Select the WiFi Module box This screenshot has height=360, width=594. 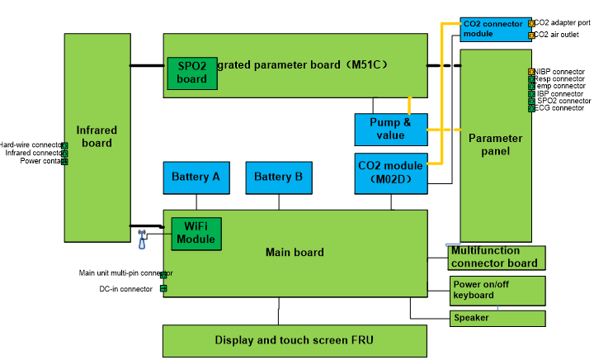click(x=196, y=233)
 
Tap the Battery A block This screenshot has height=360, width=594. click(x=196, y=178)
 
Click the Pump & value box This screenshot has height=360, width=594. click(x=391, y=129)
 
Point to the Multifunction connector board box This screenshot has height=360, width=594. click(x=496, y=257)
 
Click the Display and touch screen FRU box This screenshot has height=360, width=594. click(x=295, y=340)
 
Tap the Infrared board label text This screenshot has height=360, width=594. click(x=97, y=136)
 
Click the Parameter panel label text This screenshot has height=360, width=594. click(x=496, y=144)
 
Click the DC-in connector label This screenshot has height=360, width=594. click(x=125, y=289)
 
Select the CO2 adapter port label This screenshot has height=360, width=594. click(x=563, y=23)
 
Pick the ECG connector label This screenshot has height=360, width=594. click(x=560, y=108)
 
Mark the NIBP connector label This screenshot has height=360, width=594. click(x=561, y=71)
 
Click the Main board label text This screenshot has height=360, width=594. click(x=295, y=252)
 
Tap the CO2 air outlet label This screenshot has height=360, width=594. click(x=557, y=35)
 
